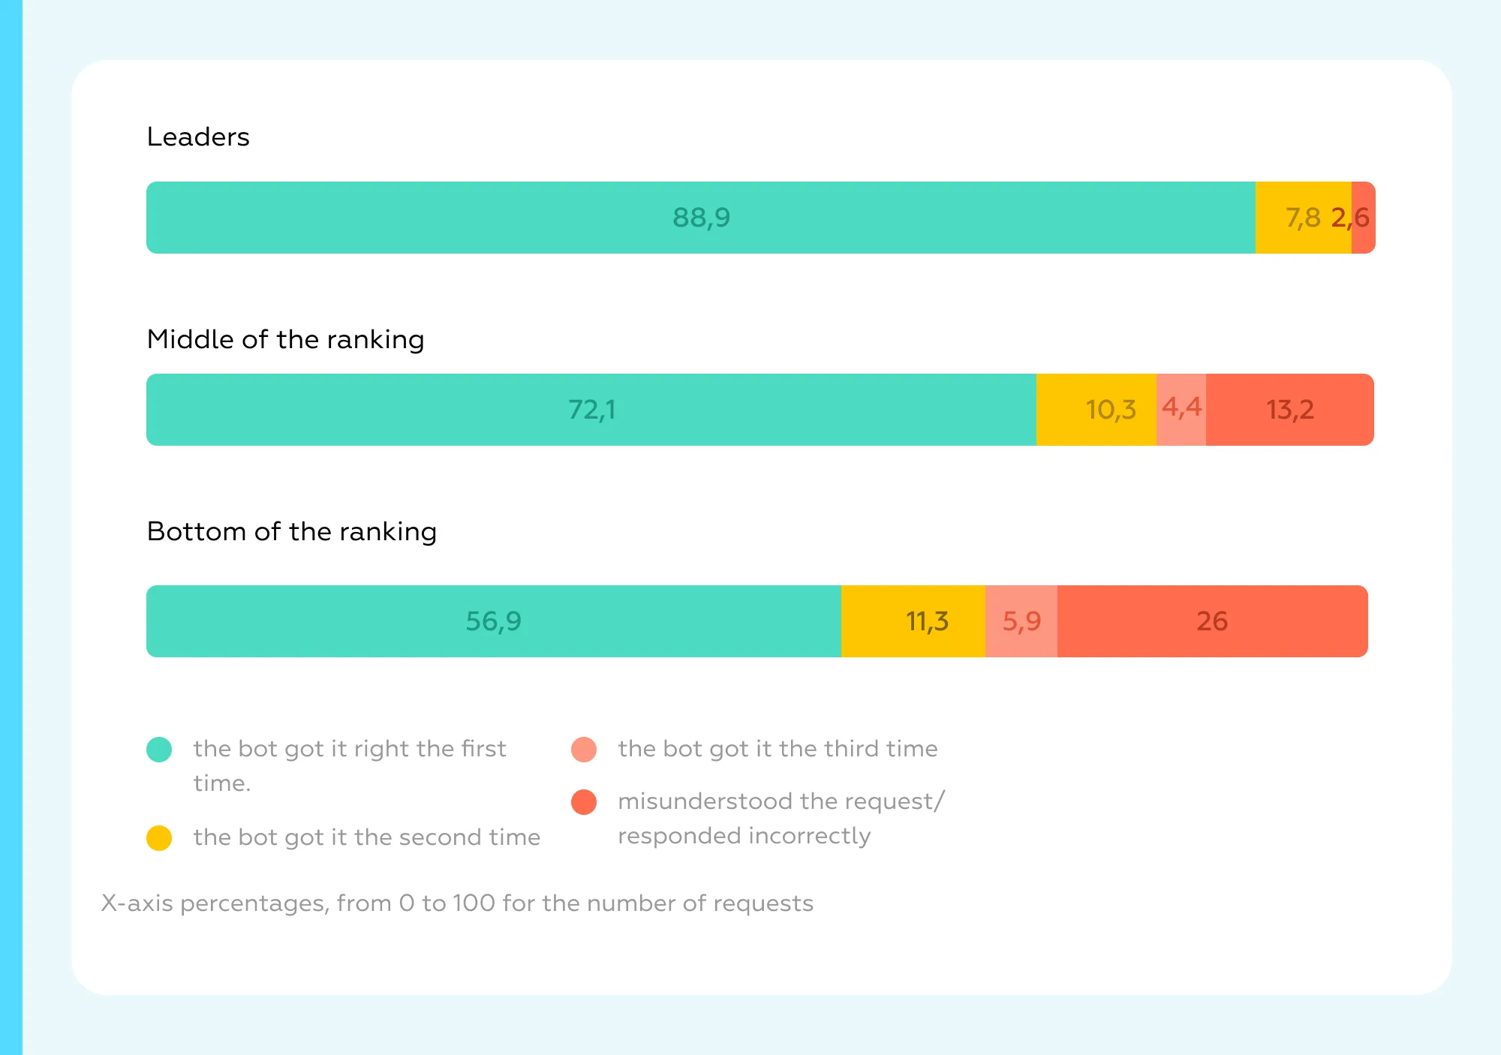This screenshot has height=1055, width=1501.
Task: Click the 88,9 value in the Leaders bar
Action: [701, 218]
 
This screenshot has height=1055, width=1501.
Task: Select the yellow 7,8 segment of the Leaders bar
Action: [1303, 218]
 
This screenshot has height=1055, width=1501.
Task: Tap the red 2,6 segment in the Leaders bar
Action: [1364, 218]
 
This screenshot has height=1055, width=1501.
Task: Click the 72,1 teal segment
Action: [591, 410]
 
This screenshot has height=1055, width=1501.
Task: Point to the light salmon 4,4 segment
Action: [1181, 410]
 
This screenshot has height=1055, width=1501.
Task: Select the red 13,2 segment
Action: [1290, 410]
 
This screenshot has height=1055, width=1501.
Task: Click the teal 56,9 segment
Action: [493, 621]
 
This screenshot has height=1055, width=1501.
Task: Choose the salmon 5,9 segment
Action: [1021, 621]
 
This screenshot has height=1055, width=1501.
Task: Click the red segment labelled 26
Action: [1212, 621]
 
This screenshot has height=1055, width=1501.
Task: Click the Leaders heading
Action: [198, 137]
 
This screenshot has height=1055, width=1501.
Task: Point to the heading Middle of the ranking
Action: [285, 340]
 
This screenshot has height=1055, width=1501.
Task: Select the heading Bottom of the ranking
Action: [291, 532]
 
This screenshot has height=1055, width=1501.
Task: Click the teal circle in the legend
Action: [159, 749]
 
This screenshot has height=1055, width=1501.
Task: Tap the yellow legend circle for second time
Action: [159, 837]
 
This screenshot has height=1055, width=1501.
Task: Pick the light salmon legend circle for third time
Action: [584, 749]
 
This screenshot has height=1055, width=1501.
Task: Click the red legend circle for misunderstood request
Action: [584, 801]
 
